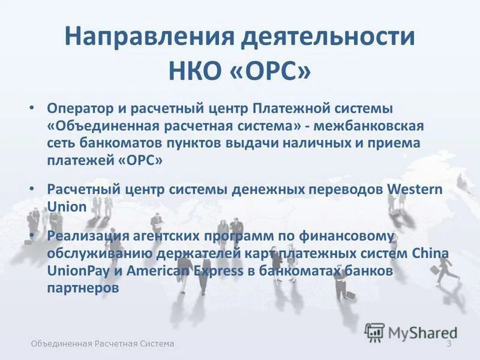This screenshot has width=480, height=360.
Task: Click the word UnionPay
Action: click(x=76, y=270)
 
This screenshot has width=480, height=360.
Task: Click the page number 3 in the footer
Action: click(x=448, y=343)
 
